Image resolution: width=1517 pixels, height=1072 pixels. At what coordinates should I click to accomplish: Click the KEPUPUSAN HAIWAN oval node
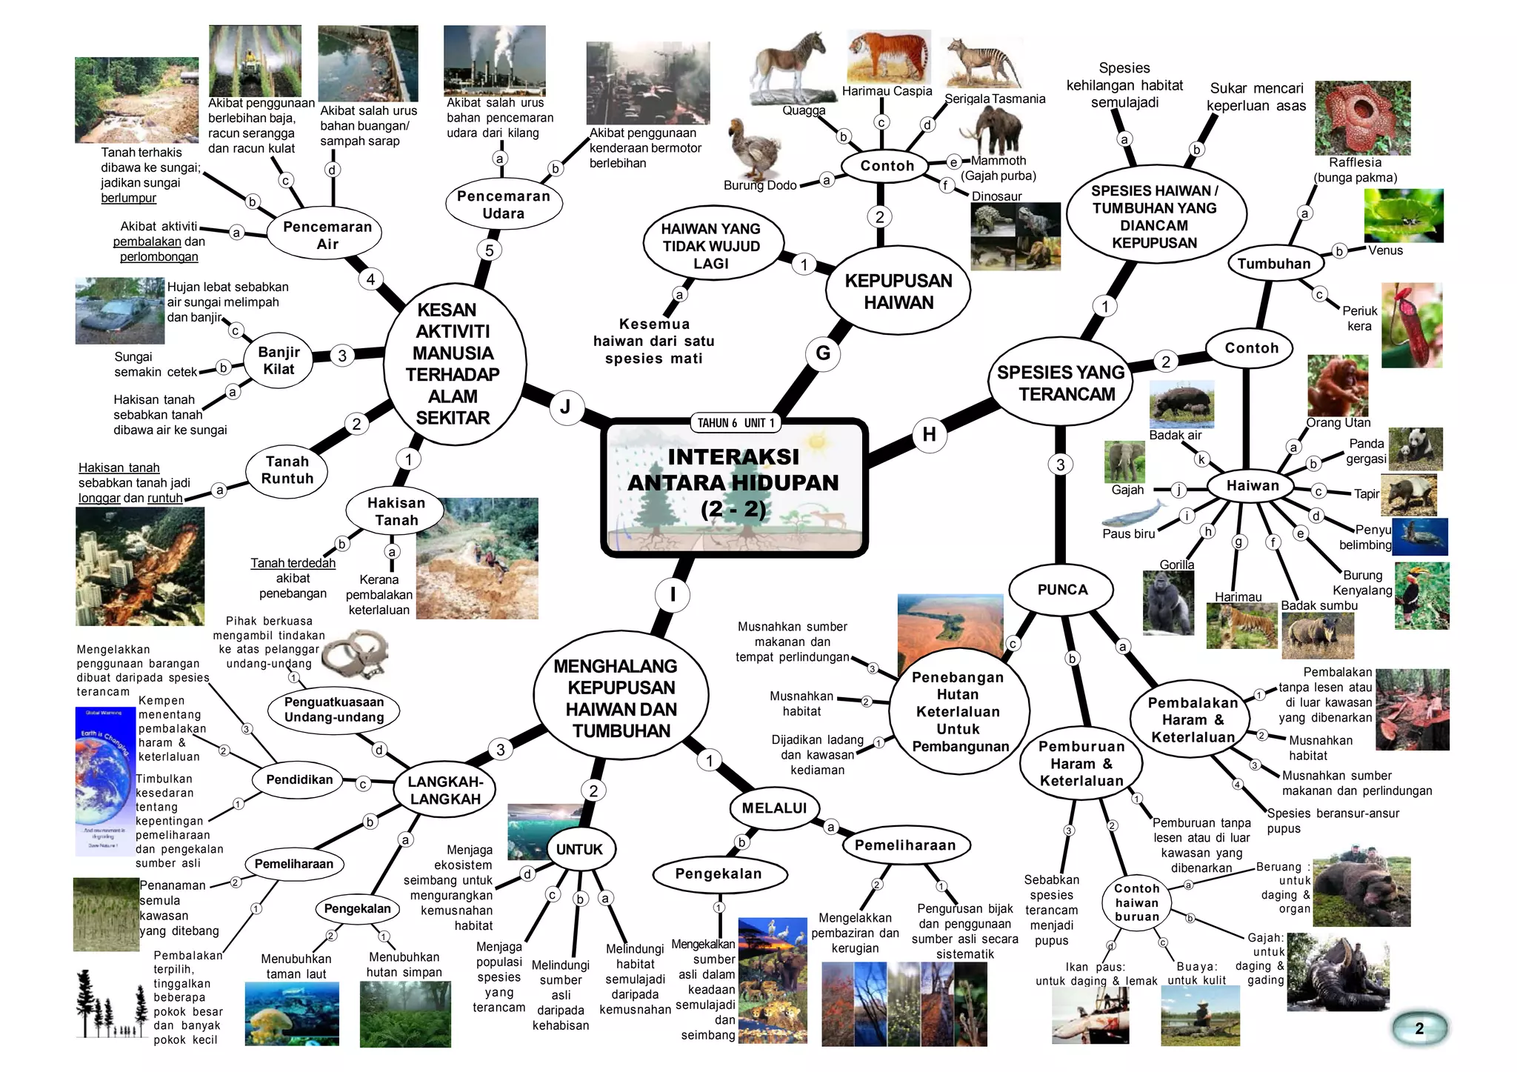[x=898, y=291]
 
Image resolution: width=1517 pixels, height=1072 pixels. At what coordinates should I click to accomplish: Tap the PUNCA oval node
[x=1062, y=590]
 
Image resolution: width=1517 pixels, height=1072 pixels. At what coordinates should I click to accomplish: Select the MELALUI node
[x=774, y=808]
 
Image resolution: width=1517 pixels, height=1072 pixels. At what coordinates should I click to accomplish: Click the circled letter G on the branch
[x=823, y=353]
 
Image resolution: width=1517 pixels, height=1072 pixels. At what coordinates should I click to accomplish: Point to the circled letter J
[x=565, y=407]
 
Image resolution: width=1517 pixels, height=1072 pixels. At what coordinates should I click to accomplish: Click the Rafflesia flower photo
[x=1362, y=118]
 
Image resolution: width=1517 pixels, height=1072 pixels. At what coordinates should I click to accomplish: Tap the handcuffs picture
[x=355, y=652]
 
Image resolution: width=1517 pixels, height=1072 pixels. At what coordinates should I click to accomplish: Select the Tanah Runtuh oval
[x=287, y=470]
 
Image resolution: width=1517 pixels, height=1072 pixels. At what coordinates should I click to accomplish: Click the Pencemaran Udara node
[x=504, y=204]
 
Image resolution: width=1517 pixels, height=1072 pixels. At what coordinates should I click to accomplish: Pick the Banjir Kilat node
[x=279, y=361]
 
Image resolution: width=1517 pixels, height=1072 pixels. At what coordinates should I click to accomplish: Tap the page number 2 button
[x=1419, y=1028]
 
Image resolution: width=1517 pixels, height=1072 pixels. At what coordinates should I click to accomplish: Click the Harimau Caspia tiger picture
[x=889, y=56]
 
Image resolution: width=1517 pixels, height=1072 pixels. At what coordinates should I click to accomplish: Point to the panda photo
[x=1415, y=448]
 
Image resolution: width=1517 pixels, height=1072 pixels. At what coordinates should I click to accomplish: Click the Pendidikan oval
[x=299, y=779]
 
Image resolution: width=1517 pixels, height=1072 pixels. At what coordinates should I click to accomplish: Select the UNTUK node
[x=579, y=849]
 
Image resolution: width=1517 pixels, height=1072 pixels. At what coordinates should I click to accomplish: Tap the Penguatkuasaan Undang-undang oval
[x=334, y=710]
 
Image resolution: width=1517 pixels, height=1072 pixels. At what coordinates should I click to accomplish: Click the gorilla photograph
[x=1168, y=603]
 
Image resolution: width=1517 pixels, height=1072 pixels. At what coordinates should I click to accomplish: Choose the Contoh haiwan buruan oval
[x=1136, y=902]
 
